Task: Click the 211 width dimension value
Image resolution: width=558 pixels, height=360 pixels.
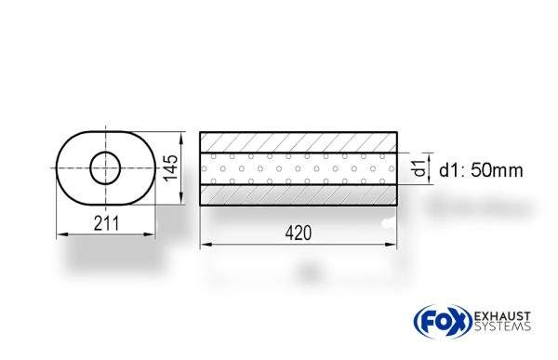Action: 104,222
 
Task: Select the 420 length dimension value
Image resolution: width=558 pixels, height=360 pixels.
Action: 298,233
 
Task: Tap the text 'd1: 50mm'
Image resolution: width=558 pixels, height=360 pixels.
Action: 480,170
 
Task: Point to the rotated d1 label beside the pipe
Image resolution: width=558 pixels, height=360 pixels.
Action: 419,169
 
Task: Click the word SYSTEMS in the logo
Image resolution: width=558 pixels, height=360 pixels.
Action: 498,326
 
